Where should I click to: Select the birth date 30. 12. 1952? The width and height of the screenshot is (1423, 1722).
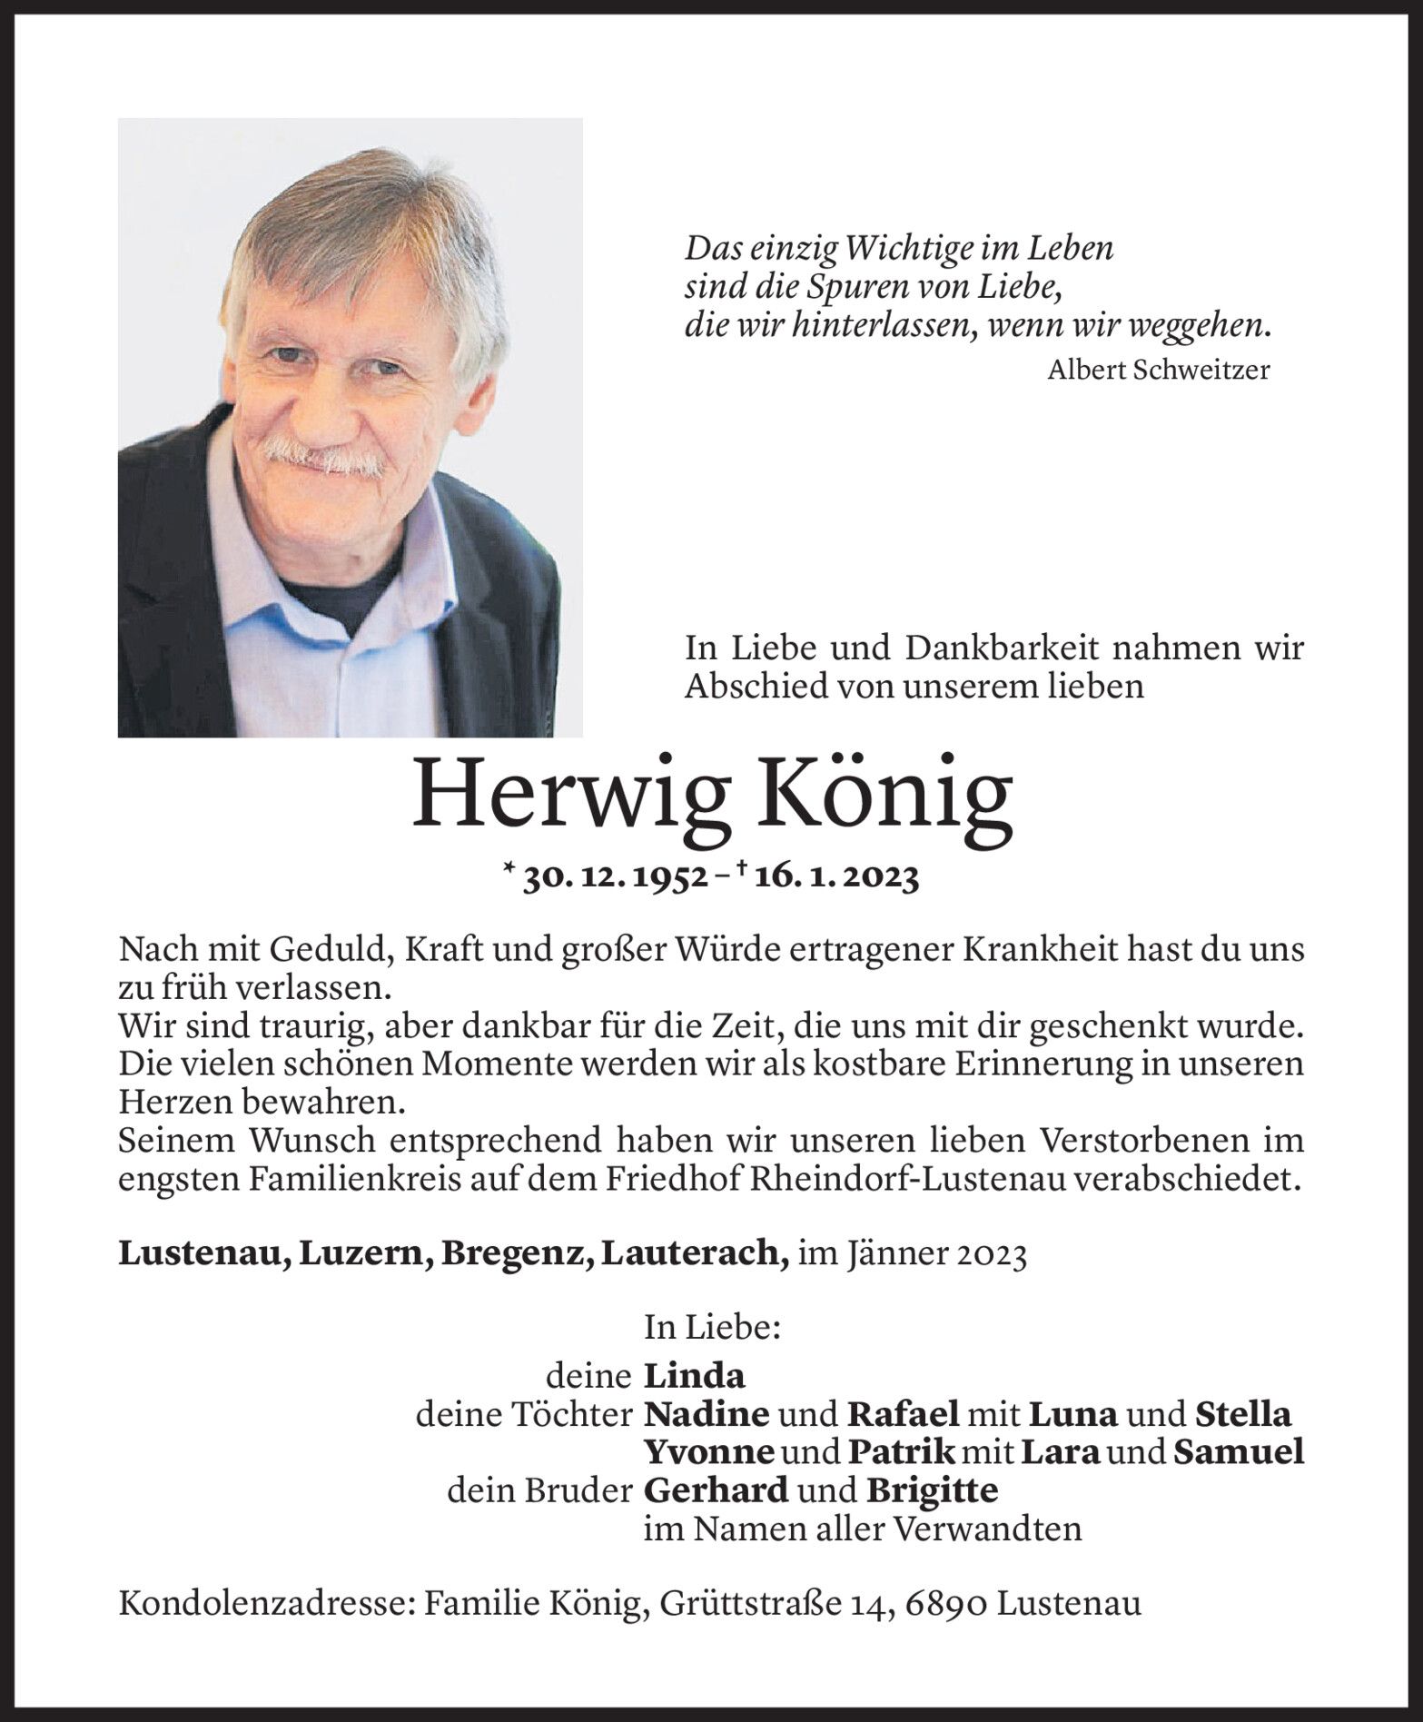point(616,877)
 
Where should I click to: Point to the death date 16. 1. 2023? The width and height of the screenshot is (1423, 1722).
point(830,877)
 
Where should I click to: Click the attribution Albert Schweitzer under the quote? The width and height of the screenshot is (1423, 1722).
point(1158,370)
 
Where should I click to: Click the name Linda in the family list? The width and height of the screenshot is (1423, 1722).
point(694,1376)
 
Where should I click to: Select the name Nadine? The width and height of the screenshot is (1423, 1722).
point(707,1413)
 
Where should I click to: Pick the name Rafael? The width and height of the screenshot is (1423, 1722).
point(903,1413)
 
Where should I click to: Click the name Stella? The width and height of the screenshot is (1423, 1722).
point(1242,1413)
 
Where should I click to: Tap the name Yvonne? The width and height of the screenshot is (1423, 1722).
point(708,1451)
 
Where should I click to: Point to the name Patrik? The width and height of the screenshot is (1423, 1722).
point(901,1451)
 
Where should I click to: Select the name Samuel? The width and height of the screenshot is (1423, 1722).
point(1239,1451)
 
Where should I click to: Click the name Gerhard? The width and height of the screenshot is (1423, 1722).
point(716,1490)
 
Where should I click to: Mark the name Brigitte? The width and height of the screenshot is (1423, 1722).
point(932,1490)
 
